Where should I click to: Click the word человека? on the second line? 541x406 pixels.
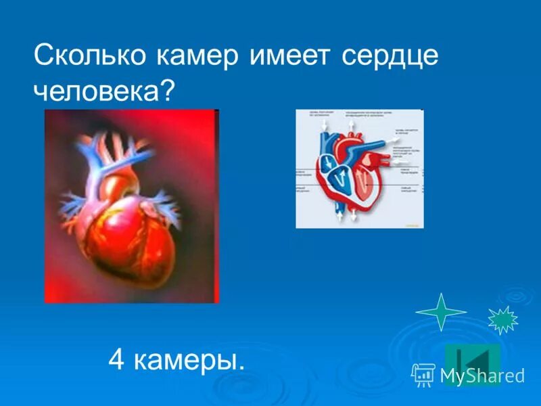click(x=104, y=91)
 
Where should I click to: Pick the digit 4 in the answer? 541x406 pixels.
click(x=116, y=360)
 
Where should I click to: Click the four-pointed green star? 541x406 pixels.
click(x=441, y=312)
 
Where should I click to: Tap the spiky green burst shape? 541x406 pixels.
click(x=502, y=320)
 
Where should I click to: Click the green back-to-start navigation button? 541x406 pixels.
click(x=473, y=359)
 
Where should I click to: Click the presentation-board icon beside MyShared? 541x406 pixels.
click(x=423, y=375)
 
